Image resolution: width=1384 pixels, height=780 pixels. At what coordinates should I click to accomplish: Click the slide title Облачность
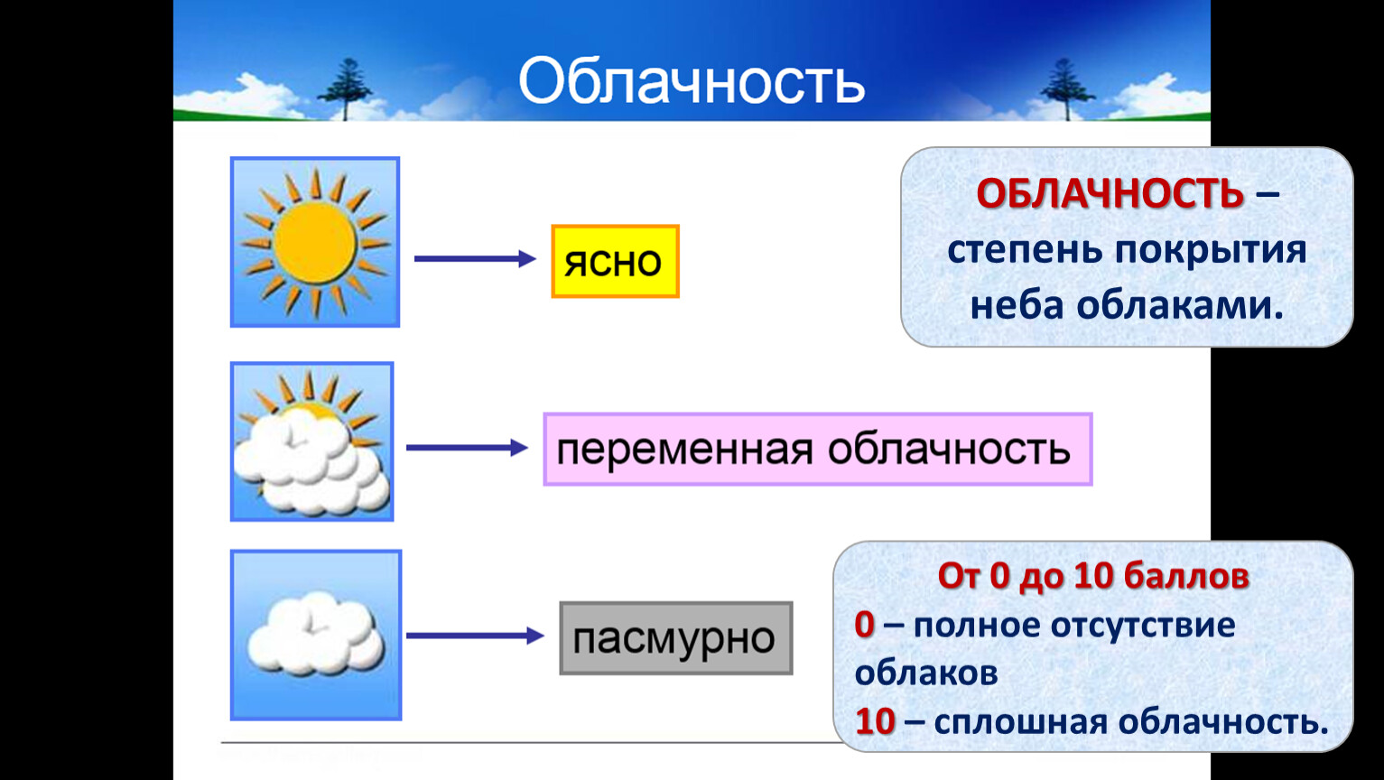click(692, 81)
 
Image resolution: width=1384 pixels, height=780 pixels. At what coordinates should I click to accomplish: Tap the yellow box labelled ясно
click(616, 262)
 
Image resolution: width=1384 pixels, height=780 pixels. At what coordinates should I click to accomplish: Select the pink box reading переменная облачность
click(818, 450)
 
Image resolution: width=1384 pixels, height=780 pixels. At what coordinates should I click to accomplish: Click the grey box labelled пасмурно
click(676, 638)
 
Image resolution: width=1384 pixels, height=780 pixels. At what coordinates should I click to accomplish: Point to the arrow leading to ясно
click(475, 258)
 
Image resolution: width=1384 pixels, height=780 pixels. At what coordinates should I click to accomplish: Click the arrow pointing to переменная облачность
click(467, 448)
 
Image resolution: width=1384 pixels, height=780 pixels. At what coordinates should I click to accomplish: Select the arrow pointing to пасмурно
click(475, 636)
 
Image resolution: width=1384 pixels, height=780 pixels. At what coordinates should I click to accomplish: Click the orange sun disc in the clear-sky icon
click(315, 244)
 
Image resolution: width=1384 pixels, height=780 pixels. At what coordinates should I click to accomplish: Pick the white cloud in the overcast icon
click(316, 634)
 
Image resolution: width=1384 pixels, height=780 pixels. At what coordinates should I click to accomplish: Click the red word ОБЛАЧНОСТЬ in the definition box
click(1110, 193)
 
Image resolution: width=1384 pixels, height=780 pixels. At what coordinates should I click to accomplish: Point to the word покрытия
click(1211, 250)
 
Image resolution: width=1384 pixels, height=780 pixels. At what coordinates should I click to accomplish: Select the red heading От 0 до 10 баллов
click(1093, 576)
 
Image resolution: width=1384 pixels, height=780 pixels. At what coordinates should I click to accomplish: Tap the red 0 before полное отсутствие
click(864, 625)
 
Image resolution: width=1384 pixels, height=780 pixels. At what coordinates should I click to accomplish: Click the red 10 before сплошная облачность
click(875, 721)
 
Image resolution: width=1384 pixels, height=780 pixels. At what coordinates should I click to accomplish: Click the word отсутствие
click(1143, 626)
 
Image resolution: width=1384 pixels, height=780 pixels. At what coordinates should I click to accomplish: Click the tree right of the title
click(1066, 89)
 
